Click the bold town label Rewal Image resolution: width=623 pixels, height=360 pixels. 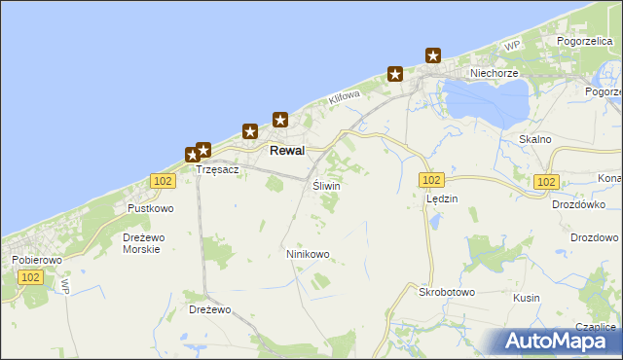(287, 151)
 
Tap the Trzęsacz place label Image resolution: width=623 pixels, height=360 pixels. (217, 169)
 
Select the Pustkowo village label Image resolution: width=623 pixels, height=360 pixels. (151, 208)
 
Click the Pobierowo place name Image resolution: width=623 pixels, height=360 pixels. (36, 261)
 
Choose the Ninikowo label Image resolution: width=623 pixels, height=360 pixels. (308, 254)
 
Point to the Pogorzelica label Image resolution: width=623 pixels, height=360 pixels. (583, 42)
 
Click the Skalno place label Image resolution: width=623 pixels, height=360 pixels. (535, 139)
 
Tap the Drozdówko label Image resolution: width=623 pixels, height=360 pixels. (578, 204)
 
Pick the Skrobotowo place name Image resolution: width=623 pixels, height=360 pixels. (446, 292)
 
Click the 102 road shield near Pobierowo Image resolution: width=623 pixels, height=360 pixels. (30, 277)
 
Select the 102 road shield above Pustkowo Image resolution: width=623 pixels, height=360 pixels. (164, 181)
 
